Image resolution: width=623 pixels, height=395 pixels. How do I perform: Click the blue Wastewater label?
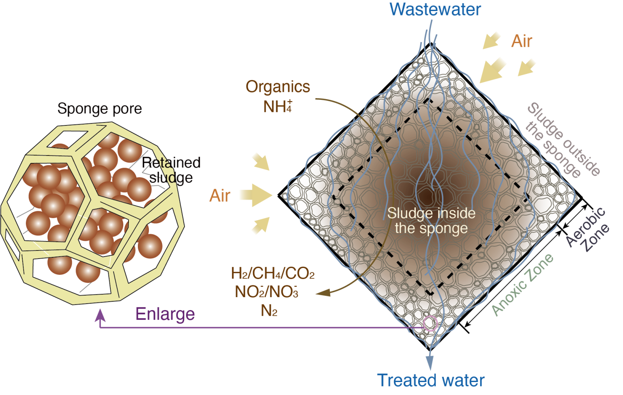point(435,9)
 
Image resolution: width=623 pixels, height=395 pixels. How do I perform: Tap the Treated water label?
point(430,380)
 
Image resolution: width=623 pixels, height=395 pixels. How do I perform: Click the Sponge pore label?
point(99,109)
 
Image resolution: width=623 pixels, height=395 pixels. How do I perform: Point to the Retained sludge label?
point(171,170)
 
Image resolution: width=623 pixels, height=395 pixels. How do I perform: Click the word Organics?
point(278,86)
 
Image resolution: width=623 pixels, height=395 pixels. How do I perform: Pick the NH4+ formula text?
point(277,106)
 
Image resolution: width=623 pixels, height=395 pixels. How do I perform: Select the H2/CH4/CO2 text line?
point(273,273)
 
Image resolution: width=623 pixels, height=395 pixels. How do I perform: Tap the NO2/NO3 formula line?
point(267,292)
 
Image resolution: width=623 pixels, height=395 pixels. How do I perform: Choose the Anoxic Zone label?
point(523,285)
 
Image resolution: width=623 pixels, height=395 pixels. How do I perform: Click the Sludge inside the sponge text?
point(432,221)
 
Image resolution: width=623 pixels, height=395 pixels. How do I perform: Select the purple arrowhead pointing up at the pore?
point(100,315)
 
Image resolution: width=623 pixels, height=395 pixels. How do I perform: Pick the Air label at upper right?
point(522,41)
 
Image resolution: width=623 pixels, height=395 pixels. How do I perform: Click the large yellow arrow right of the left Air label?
point(256,195)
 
